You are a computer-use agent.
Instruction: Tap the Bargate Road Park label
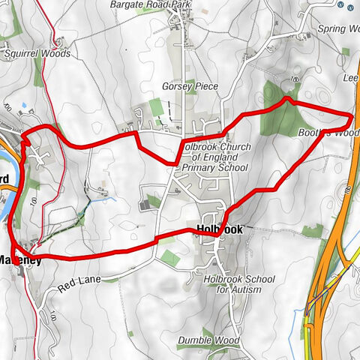[149, 4]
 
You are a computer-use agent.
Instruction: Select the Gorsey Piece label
[190, 87]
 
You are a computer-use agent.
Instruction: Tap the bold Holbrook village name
[219, 231]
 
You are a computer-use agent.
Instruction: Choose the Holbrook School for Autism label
[238, 284]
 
